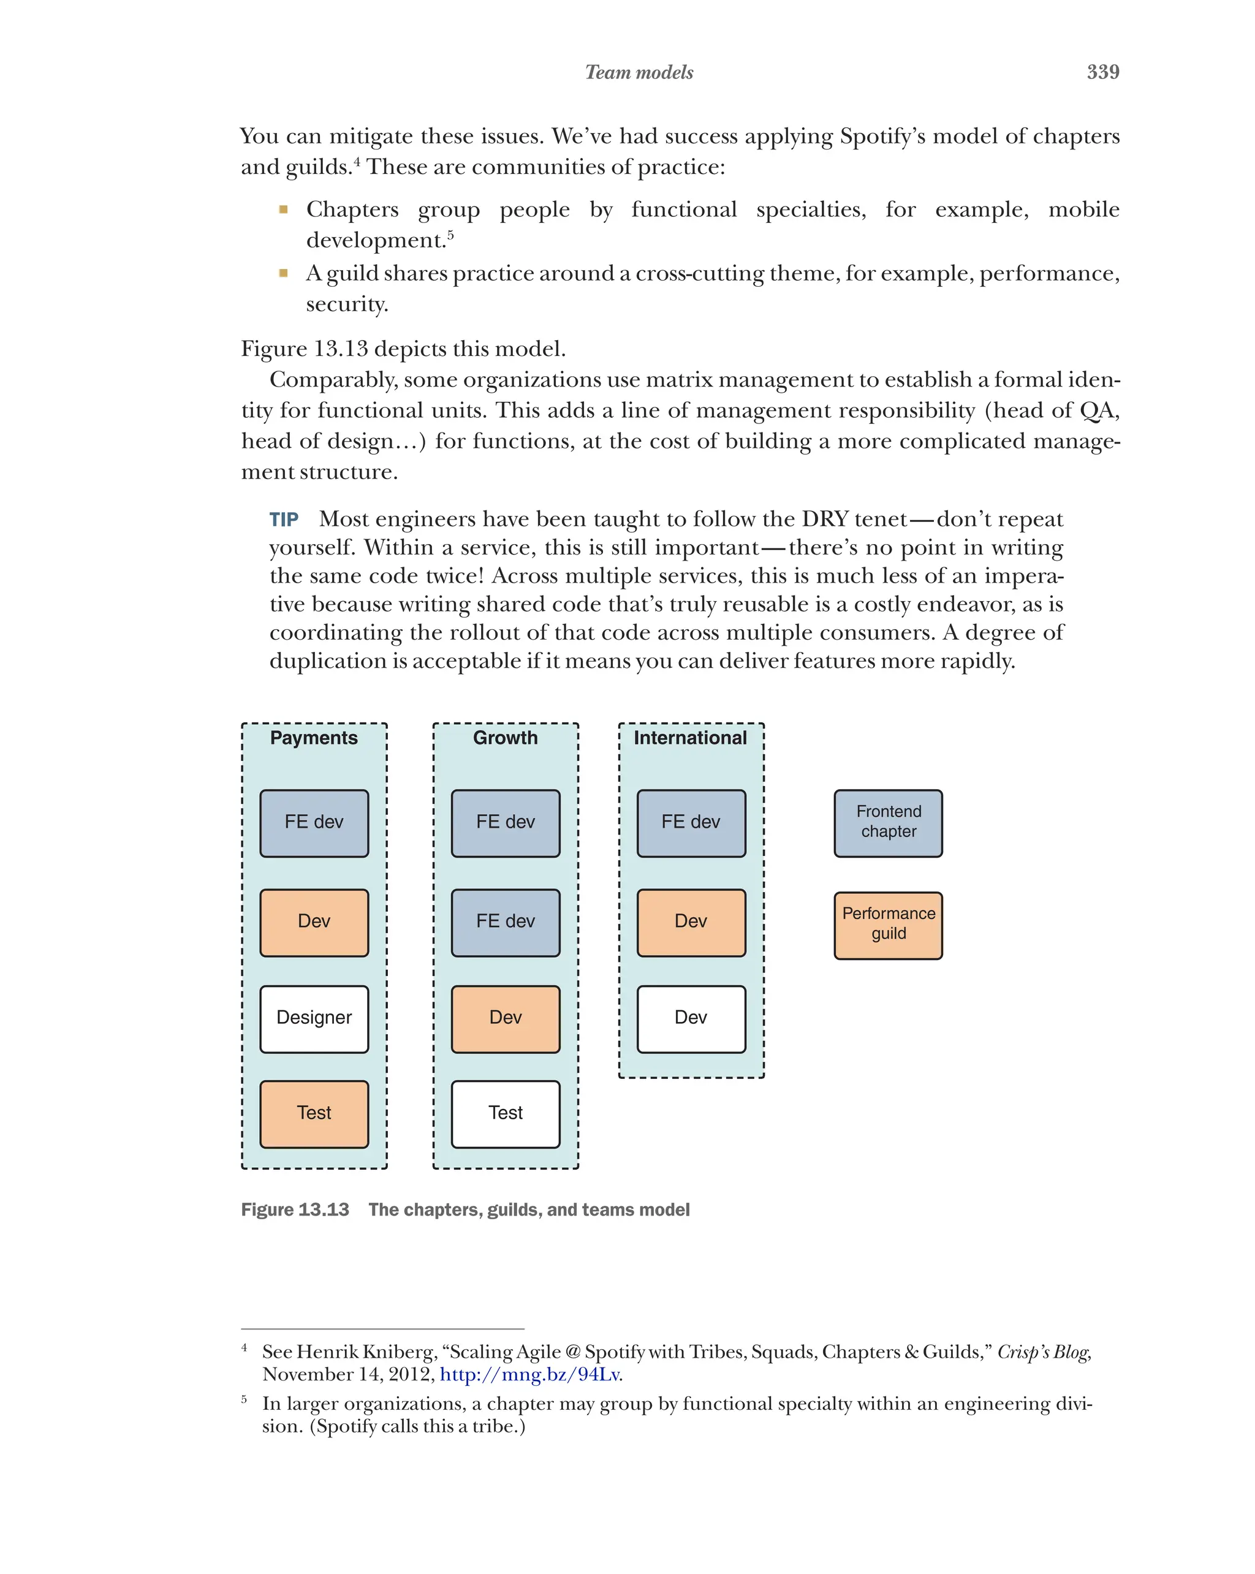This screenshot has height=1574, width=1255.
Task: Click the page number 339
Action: click(x=1102, y=72)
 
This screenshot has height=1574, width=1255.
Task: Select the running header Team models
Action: click(x=639, y=72)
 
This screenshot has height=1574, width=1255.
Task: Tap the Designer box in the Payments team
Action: click(x=314, y=1018)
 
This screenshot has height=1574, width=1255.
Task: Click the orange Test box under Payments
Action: click(x=314, y=1113)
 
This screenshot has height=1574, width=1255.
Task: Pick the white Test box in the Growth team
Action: click(x=505, y=1113)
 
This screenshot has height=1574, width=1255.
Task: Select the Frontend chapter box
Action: click(x=888, y=822)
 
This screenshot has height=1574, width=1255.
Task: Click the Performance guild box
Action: click(x=888, y=925)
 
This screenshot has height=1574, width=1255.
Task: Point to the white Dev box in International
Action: click(x=691, y=1018)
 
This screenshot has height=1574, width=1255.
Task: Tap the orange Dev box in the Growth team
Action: click(x=505, y=1018)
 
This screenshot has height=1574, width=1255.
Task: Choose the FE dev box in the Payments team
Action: click(x=314, y=822)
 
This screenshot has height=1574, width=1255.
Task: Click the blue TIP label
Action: click(x=283, y=519)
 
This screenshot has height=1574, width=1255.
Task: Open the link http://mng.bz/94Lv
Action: click(x=531, y=1374)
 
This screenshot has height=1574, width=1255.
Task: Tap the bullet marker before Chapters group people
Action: click(x=283, y=210)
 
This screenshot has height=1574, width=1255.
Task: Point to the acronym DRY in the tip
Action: click(x=824, y=519)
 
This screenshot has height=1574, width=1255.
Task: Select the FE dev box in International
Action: click(x=691, y=822)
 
